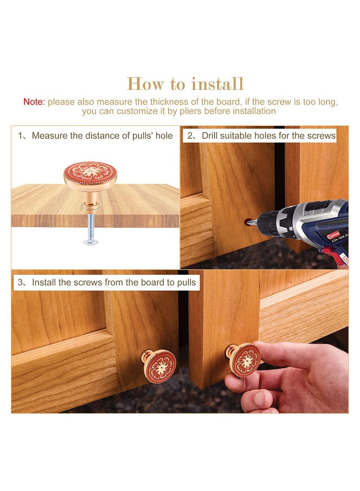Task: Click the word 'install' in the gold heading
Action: tap(217, 84)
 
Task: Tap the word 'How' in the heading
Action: tap(145, 84)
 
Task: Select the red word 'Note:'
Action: tap(34, 102)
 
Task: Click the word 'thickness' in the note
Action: tap(170, 102)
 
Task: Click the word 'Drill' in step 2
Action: tap(209, 135)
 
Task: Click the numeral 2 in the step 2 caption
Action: tap(190, 135)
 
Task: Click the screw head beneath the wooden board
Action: tap(91, 241)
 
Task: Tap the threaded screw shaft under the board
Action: tap(90, 226)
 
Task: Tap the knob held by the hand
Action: tap(244, 360)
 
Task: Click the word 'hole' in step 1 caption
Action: tap(162, 135)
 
